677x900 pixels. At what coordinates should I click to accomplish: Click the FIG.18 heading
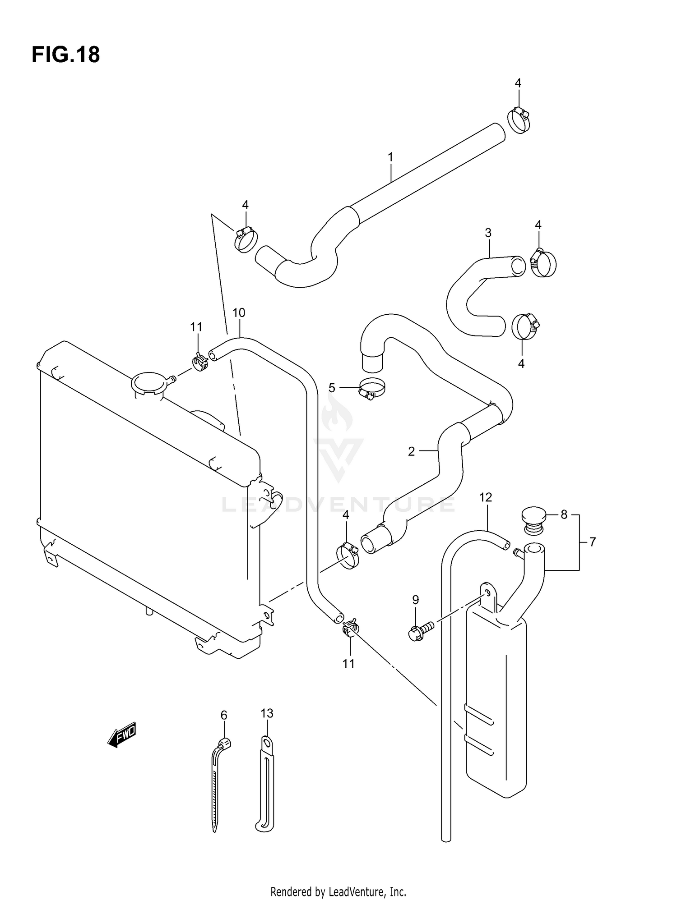pyautogui.click(x=65, y=55)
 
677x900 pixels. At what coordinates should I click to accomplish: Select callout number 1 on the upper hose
pyautogui.click(x=390, y=157)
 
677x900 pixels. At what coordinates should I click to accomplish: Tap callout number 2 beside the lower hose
pyautogui.click(x=411, y=451)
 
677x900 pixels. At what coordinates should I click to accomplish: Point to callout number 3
pyautogui.click(x=488, y=233)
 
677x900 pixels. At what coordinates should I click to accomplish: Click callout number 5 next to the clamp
pyautogui.click(x=332, y=387)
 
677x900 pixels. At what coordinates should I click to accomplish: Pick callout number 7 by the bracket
pyautogui.click(x=592, y=542)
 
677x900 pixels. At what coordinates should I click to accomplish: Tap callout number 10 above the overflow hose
pyautogui.click(x=238, y=312)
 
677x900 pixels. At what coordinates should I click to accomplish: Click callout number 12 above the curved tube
pyautogui.click(x=485, y=497)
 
